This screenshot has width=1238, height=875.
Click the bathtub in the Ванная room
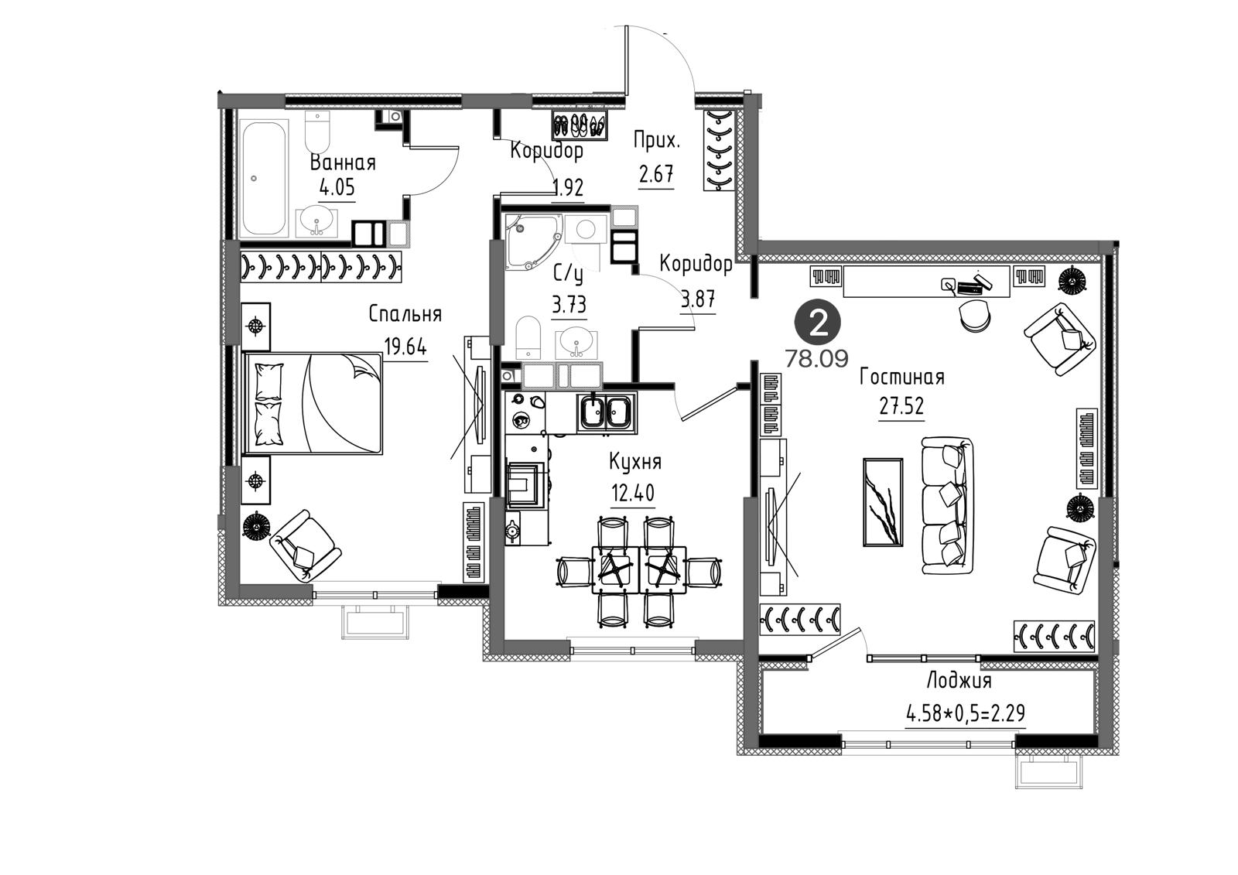pyautogui.click(x=264, y=178)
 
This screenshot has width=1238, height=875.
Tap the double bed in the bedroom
pyautogui.click(x=313, y=404)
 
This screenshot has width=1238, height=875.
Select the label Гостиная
pyautogui.click(x=902, y=377)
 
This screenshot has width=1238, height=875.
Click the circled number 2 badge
pyautogui.click(x=818, y=325)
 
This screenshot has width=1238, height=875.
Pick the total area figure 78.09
pyautogui.click(x=817, y=359)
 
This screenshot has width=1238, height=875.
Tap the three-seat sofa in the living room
pyautogui.click(x=948, y=506)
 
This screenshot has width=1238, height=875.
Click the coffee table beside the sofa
pyautogui.click(x=883, y=502)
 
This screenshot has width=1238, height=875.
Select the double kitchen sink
pyautogui.click(x=607, y=412)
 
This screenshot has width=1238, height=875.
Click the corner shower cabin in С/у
pyautogui.click(x=532, y=240)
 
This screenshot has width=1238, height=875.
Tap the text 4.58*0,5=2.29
pyautogui.click(x=966, y=713)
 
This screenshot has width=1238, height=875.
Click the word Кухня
pyautogui.click(x=635, y=462)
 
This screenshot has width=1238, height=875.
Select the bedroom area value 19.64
pyautogui.click(x=405, y=347)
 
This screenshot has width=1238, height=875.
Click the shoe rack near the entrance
pyautogui.click(x=580, y=125)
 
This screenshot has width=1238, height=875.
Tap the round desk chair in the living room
pyautogui.click(x=975, y=316)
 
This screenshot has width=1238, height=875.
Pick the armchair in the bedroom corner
pyautogui.click(x=304, y=545)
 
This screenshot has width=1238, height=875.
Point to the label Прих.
pyautogui.click(x=656, y=140)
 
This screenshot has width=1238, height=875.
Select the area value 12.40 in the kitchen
pyautogui.click(x=632, y=492)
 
